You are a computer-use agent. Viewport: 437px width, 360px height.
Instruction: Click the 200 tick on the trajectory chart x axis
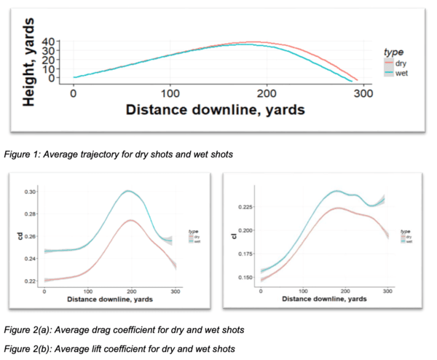click(x=267, y=94)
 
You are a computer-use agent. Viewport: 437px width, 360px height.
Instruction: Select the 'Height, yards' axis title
click(x=29, y=64)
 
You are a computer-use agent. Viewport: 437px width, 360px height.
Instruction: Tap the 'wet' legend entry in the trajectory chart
click(x=401, y=74)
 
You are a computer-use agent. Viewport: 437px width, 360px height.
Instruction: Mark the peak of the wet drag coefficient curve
click(x=128, y=191)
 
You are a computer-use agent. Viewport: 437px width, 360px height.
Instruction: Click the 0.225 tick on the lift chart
click(x=245, y=207)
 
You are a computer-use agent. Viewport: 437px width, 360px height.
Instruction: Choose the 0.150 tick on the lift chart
click(x=245, y=278)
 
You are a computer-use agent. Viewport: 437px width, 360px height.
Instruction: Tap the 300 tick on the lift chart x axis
click(x=387, y=291)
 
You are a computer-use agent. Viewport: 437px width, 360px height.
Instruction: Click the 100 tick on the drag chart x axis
click(x=87, y=291)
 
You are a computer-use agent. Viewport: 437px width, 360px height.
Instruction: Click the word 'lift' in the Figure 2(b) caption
click(x=94, y=347)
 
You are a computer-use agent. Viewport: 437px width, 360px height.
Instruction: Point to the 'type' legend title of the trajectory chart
click(x=394, y=52)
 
